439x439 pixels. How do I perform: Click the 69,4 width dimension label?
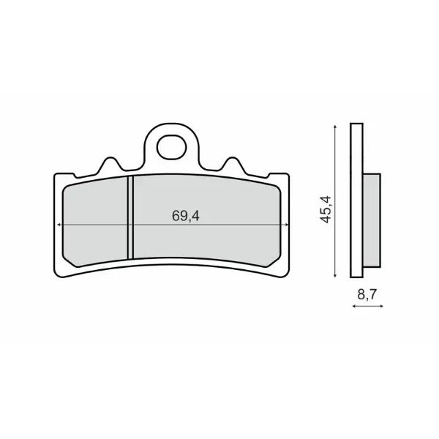(x=186, y=216)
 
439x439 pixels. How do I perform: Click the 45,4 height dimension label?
(x=326, y=210)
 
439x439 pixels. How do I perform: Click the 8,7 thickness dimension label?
(x=367, y=295)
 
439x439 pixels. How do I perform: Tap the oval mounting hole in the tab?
(x=172, y=147)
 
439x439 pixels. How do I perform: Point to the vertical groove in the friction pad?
(x=130, y=217)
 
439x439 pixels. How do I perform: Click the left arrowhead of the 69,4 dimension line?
(x=59, y=225)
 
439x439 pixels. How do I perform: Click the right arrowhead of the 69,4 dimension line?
(x=286, y=225)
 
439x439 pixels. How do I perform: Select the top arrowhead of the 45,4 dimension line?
(x=335, y=127)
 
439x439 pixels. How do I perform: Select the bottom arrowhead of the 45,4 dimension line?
(x=335, y=276)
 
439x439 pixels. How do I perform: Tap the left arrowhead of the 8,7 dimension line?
(x=354, y=307)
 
